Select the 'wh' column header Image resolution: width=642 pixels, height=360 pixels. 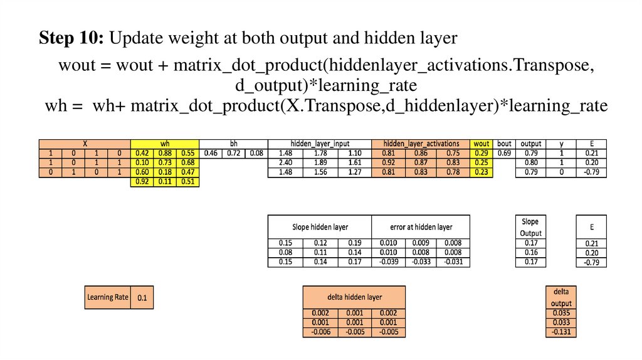[x=164, y=144]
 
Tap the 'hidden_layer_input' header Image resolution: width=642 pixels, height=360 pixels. [x=320, y=144]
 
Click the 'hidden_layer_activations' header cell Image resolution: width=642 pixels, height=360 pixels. [x=421, y=144]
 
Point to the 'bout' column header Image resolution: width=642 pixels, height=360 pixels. [x=504, y=144]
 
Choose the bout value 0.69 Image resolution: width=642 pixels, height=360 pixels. [x=504, y=153]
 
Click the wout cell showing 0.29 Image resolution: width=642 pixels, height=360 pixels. [x=481, y=153]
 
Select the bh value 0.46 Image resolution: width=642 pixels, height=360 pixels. [x=210, y=153]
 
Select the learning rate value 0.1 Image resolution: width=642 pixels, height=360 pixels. [x=142, y=297]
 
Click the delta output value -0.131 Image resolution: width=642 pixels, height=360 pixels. [x=560, y=332]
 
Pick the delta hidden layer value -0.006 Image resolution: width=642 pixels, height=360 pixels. [x=320, y=332]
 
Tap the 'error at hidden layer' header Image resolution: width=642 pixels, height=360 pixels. [x=421, y=226]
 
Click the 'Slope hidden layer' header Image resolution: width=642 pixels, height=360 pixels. [x=320, y=226]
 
